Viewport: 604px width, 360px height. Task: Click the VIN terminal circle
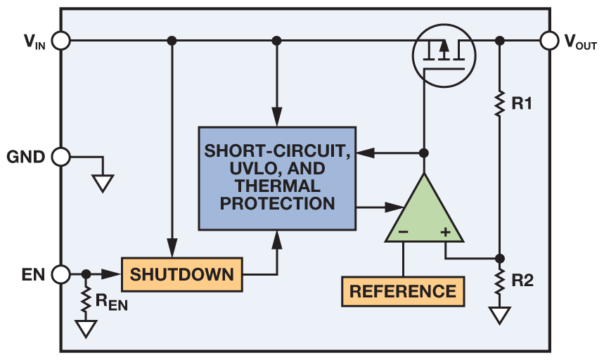[61, 41]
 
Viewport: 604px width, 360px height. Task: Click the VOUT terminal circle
[549, 41]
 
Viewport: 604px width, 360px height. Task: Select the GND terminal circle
[61, 157]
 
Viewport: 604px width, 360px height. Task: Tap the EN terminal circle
[61, 274]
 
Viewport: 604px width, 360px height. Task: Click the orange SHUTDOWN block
[181, 274]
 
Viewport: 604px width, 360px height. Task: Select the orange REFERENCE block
[403, 291]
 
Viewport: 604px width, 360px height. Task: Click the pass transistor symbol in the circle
[442, 53]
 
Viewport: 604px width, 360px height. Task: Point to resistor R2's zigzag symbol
[499, 282]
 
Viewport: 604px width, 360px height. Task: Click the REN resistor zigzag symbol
[86, 301]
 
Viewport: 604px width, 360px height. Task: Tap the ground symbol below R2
[499, 315]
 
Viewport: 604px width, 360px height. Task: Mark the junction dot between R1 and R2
[499, 257]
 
